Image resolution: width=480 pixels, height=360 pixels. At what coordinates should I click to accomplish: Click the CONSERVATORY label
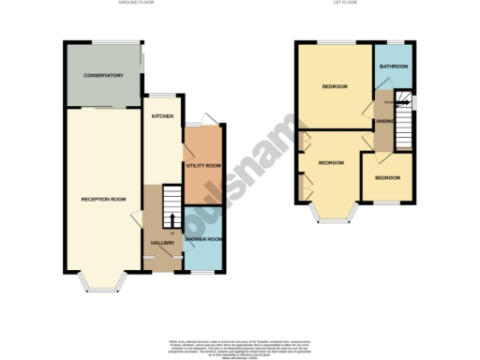click(103, 75)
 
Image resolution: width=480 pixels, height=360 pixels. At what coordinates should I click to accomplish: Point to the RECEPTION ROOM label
click(103, 199)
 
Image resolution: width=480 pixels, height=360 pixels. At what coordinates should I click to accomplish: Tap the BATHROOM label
click(393, 67)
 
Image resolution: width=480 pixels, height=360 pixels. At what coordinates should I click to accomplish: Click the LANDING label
click(382, 122)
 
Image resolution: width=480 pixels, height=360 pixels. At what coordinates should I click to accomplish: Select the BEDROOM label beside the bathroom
click(335, 87)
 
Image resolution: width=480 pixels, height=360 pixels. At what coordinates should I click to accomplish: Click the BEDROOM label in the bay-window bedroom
click(330, 163)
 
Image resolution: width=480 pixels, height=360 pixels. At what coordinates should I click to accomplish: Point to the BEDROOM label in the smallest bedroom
click(386, 177)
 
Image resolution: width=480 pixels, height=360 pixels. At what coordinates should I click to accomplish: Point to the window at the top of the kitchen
click(165, 96)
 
